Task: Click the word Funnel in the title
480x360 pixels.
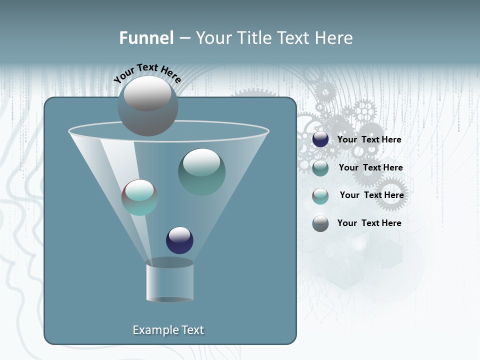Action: coord(146,38)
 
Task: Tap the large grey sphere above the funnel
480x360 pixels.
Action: coord(147,106)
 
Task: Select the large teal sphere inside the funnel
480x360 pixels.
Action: coord(201,171)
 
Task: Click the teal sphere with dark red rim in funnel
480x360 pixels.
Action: coord(139,197)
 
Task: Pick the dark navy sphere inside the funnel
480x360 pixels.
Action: coord(179,240)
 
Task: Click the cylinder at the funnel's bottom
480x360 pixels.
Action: coord(169,281)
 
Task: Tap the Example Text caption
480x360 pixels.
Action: coord(168,330)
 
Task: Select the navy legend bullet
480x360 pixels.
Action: coord(320,139)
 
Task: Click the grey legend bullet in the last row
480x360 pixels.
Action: coord(320,223)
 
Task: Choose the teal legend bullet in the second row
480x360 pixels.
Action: coord(320,168)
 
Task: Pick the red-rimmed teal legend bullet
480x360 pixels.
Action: coord(320,196)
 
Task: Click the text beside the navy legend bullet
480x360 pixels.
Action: coord(369,139)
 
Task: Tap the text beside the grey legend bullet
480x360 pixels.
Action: coord(369,223)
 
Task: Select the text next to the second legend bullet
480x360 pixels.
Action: coord(370,167)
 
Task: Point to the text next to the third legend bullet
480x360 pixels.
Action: coord(371,195)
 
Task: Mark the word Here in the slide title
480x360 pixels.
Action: coord(334,38)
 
